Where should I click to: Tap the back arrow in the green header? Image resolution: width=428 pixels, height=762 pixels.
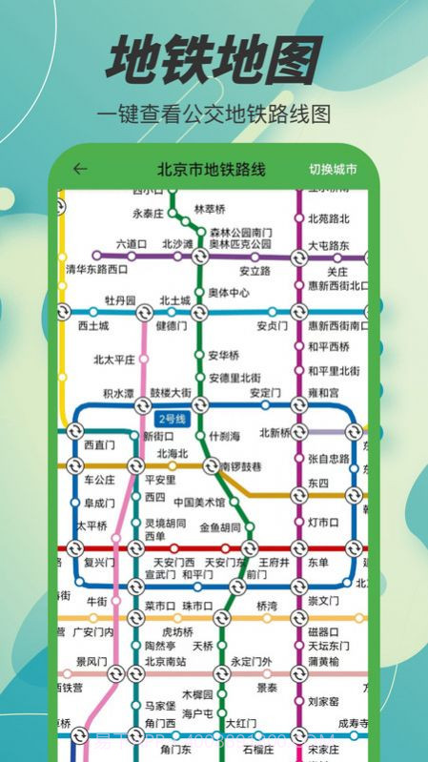pyautogui.click(x=80, y=170)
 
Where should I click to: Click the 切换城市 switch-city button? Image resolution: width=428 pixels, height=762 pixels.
pyautogui.click(x=333, y=170)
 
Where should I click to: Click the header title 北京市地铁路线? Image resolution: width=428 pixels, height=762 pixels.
pyautogui.click(x=212, y=170)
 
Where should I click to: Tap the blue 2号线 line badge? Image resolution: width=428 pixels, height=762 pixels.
pyautogui.click(x=172, y=419)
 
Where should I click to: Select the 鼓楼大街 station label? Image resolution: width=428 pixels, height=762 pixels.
pyautogui.click(x=171, y=392)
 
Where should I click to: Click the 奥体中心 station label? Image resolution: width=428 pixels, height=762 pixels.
pyautogui.click(x=229, y=293)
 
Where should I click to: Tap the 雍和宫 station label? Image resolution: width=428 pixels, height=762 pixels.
pyautogui.click(x=323, y=392)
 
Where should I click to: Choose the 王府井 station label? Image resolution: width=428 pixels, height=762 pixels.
pyautogui.click(x=274, y=562)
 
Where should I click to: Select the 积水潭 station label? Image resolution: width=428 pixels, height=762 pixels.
pyautogui.click(x=118, y=393)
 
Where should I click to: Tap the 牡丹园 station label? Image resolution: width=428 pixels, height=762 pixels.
pyautogui.click(x=121, y=299)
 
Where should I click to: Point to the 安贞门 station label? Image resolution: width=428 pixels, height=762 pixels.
pyautogui.click(x=272, y=325)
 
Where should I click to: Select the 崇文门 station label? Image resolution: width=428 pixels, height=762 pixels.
pyautogui.click(x=323, y=601)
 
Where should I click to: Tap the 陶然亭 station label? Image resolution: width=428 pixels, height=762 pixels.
pyautogui.click(x=158, y=646)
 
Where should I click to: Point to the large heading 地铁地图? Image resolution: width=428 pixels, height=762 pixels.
pyautogui.click(x=214, y=59)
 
